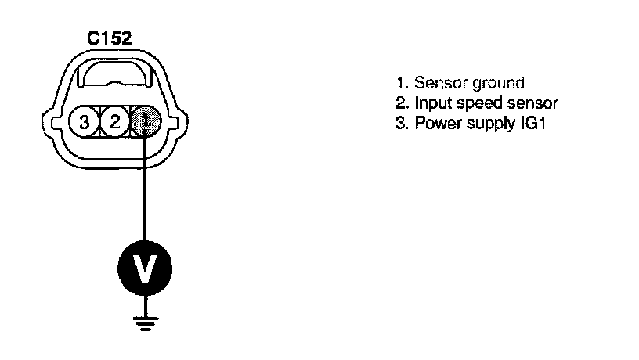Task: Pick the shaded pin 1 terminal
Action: pos(146,121)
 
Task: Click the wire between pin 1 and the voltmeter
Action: pos(145,188)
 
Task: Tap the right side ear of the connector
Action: pos(179,122)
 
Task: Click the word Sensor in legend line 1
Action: pos(435,83)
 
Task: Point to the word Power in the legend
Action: pos(434,124)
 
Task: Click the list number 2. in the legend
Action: pos(402,103)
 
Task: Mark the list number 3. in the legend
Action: pos(402,124)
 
